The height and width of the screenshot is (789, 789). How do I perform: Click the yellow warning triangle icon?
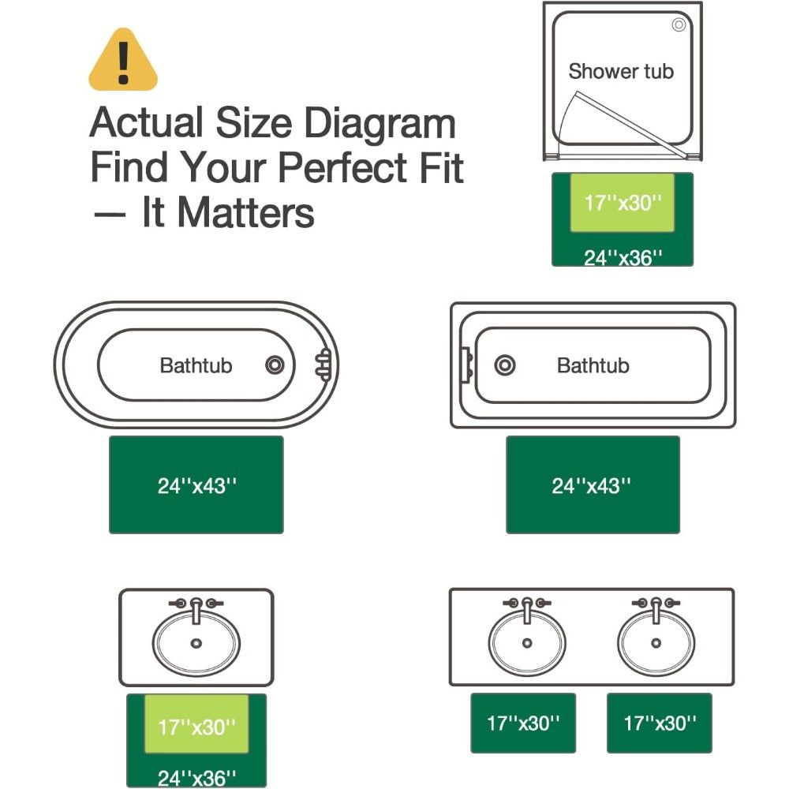123,61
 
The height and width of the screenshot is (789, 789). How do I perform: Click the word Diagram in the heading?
380,124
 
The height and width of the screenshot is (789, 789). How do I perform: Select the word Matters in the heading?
246,212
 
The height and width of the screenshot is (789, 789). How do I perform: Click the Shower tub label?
621,72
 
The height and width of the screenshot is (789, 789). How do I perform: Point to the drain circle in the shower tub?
679,24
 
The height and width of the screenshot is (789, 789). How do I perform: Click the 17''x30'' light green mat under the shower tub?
623,203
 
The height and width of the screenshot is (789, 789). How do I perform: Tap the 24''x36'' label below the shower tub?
623,258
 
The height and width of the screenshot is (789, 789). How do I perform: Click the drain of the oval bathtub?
275,365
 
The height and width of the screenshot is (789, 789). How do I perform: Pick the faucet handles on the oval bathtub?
323,365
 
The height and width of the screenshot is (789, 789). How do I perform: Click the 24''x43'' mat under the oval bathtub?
196,484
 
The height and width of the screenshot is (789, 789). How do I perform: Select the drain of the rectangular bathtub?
505,365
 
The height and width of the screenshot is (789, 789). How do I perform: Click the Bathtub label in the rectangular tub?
593,366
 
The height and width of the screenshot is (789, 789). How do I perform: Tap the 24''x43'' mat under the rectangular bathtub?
593,484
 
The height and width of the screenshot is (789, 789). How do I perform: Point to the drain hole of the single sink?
196,643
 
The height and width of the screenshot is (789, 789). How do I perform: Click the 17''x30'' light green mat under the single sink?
196,724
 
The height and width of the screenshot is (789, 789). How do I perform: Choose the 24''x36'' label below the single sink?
196,779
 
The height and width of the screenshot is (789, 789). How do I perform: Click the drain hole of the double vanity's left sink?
527,642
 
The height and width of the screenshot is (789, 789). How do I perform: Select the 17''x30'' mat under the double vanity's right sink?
659,723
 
